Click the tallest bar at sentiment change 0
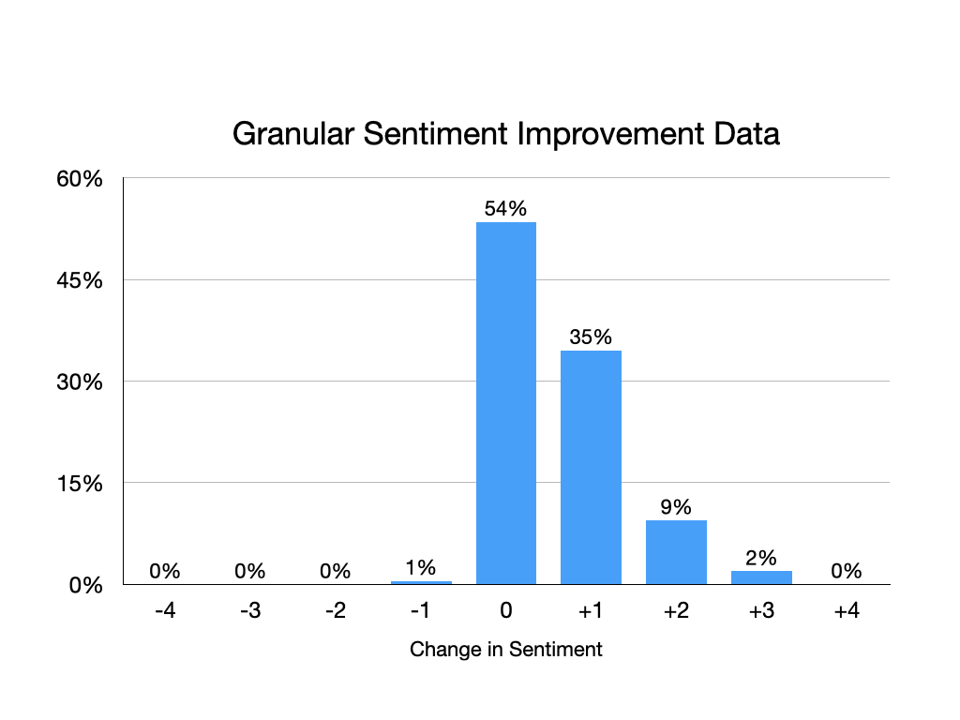point(506,403)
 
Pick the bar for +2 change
point(676,552)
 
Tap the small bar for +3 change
point(761,577)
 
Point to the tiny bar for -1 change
point(421,582)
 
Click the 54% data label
point(506,209)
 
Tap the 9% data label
point(676,507)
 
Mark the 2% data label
point(761,558)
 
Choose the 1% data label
point(421,567)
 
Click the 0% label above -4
point(165,571)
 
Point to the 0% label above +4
point(847,571)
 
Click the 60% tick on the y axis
point(79,178)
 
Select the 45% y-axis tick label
point(79,280)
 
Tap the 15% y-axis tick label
point(79,484)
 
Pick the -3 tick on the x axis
point(250,611)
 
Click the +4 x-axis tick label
point(847,611)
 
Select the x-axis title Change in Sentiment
point(506,649)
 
